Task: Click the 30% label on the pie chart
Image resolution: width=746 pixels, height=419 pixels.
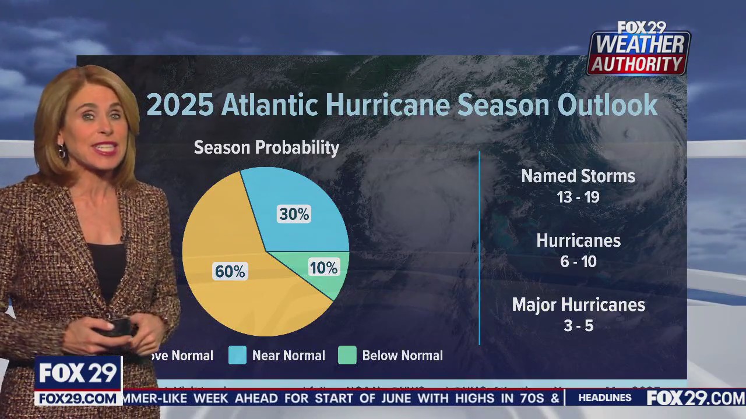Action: coord(294,214)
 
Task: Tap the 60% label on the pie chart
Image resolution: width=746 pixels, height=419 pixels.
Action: coord(230,272)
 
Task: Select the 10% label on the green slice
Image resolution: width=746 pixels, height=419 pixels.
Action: coord(323,268)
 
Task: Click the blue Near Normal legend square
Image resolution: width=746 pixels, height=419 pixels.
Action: coord(237,356)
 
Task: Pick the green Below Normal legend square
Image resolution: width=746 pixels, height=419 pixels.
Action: coord(347,356)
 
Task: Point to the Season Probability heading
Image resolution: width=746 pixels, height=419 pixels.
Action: coord(266,148)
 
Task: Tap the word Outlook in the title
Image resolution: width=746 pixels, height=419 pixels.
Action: coord(607,105)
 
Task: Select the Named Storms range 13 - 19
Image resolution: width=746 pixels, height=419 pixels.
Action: coord(578,197)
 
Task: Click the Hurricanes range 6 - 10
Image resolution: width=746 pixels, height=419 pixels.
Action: coord(578,262)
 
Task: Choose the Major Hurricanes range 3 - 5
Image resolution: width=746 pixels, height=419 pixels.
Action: coord(578,326)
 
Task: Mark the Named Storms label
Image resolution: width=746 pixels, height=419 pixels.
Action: coord(578,176)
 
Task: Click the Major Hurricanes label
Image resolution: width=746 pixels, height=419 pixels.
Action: coord(578,305)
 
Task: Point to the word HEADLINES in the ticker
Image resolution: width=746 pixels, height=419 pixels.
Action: coord(605,398)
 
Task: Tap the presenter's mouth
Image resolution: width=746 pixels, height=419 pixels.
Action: coord(105,149)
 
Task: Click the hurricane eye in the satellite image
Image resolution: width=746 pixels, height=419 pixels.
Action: coord(628,134)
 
